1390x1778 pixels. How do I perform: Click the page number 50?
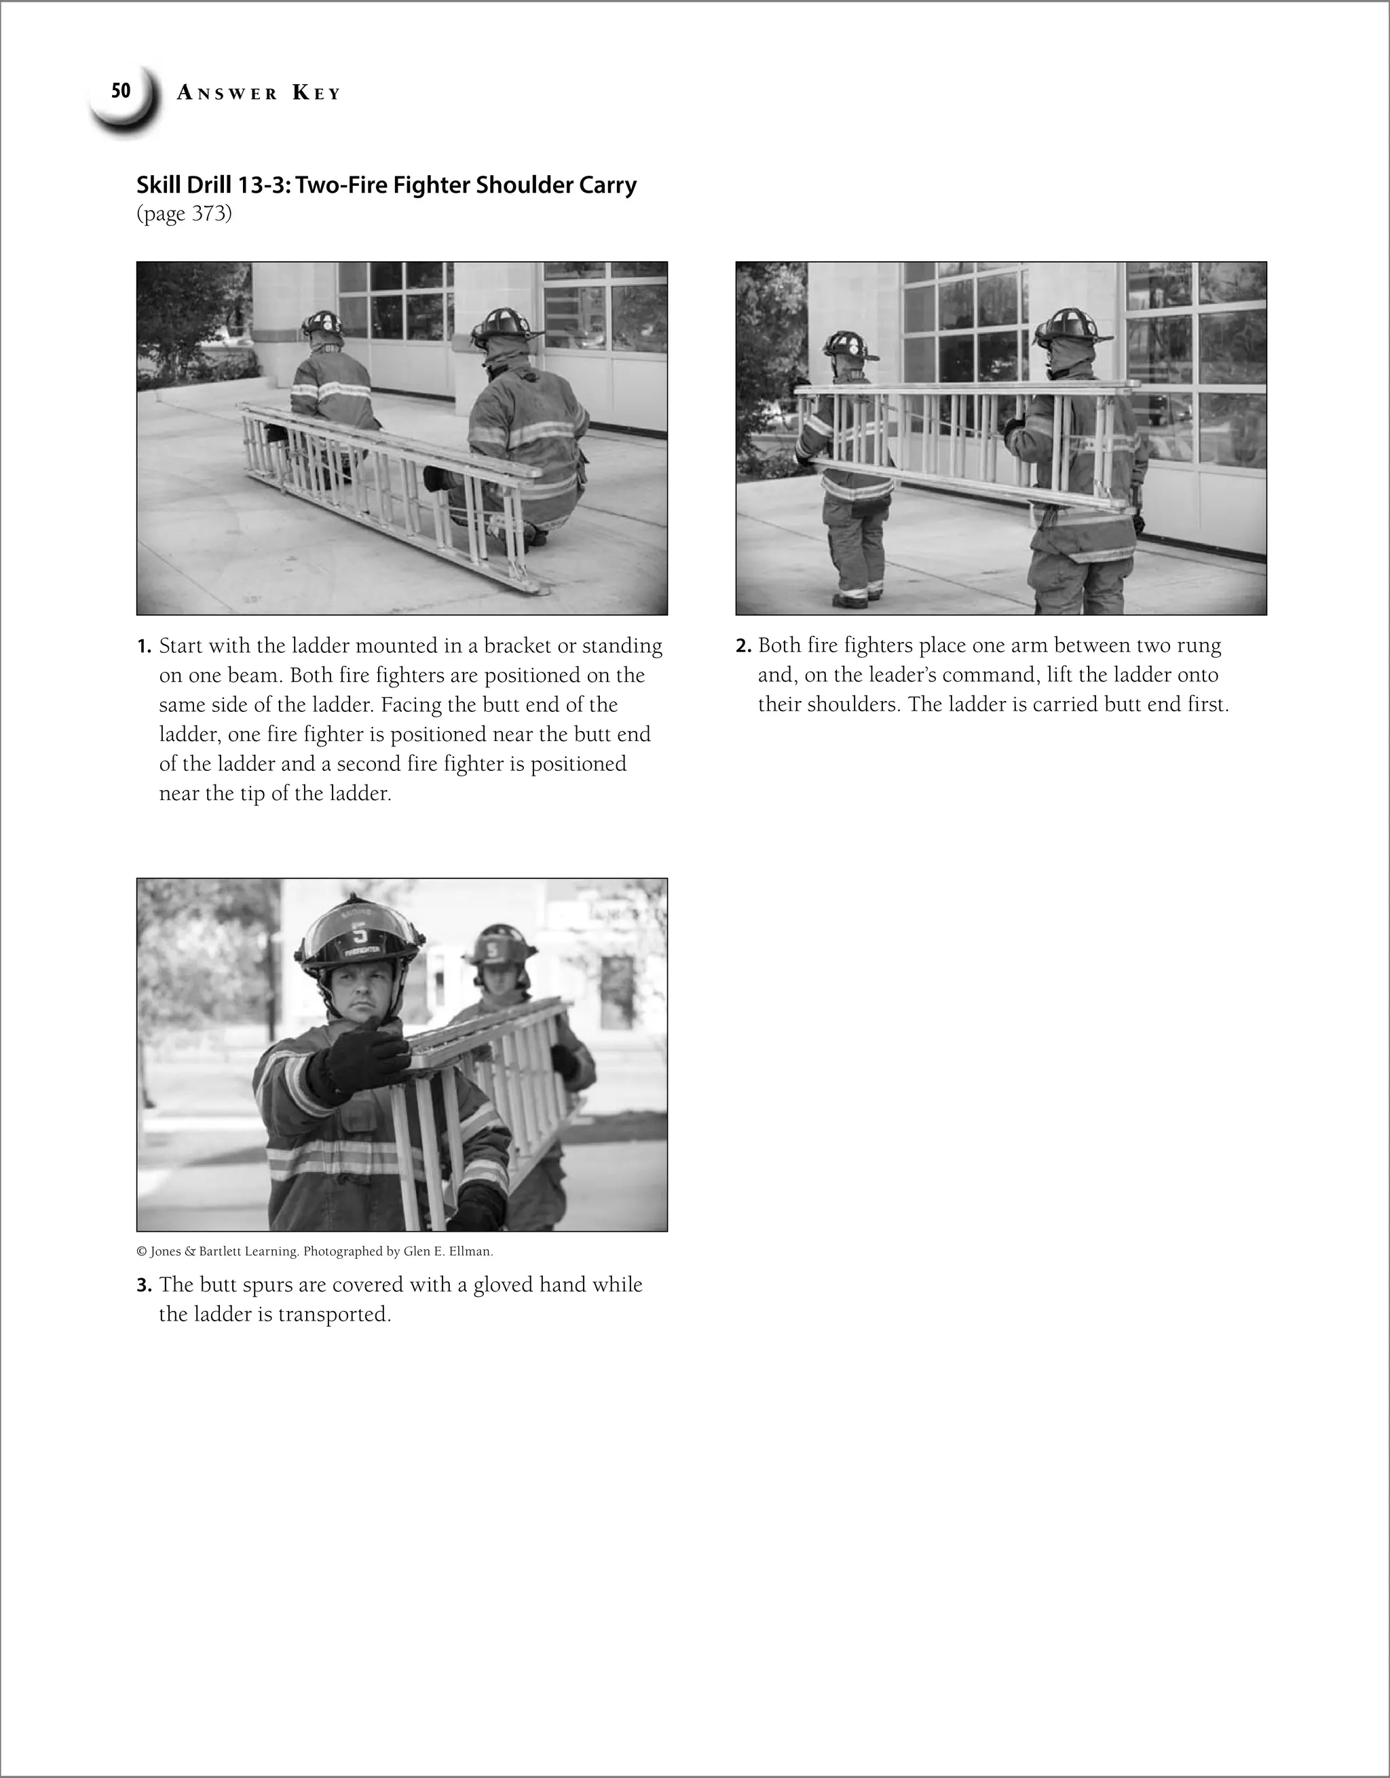(x=121, y=91)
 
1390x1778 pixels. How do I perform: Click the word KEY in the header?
(x=316, y=94)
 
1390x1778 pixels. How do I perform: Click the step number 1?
(x=143, y=647)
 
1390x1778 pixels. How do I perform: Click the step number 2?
(x=743, y=647)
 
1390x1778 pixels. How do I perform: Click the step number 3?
(x=143, y=1285)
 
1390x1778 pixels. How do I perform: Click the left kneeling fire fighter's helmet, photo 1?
(x=322, y=324)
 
